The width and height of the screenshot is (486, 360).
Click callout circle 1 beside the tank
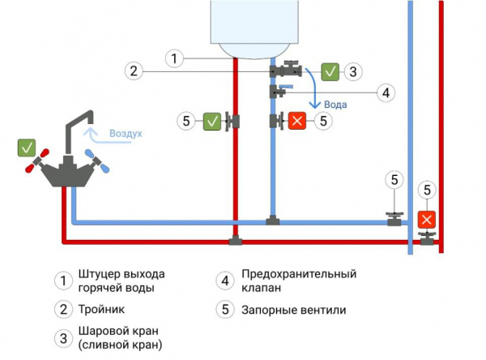tap(176, 58)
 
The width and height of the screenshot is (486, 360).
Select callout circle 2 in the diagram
tap(135, 71)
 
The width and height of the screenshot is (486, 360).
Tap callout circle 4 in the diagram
tap(386, 92)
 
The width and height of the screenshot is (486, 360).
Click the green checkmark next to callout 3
tap(330, 71)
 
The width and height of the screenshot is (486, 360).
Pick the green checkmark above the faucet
tap(27, 148)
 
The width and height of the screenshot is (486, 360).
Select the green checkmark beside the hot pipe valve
tap(211, 121)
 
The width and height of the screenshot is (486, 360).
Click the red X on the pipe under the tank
tap(297, 121)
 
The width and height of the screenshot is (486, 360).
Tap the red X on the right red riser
tap(426, 220)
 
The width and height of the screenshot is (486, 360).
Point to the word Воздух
tap(125, 133)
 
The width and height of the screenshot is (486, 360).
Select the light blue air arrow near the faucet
tap(95, 135)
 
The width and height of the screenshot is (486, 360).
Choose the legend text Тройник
tap(102, 309)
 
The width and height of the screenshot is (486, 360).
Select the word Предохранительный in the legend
tap(298, 274)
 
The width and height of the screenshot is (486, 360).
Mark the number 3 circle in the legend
tap(63, 338)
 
